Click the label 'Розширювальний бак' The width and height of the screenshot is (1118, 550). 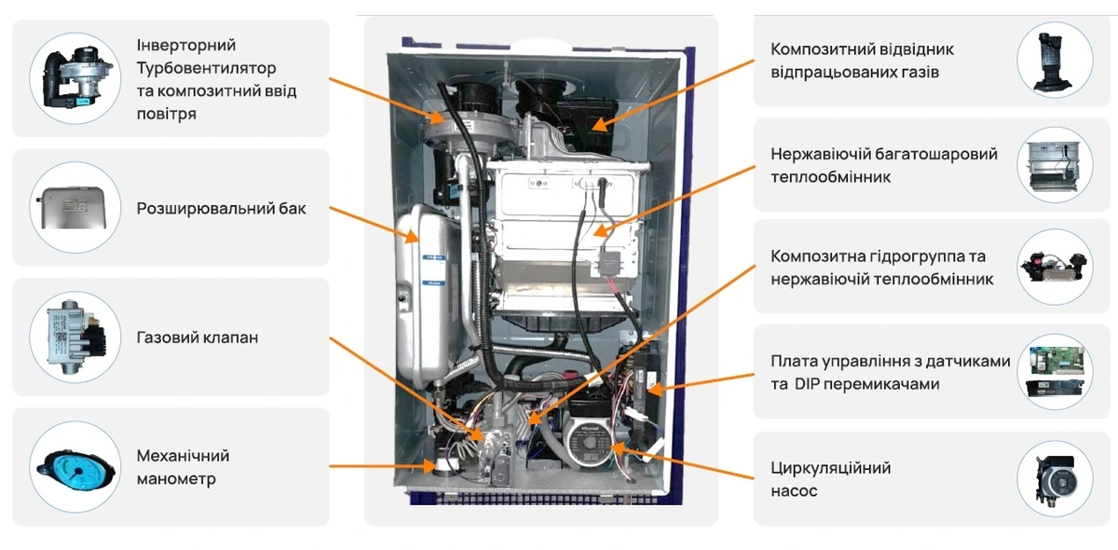tap(221, 208)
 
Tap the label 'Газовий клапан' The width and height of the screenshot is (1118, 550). tap(198, 337)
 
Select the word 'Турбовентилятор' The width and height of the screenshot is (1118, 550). tap(206, 68)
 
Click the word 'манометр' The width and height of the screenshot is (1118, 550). tap(176, 478)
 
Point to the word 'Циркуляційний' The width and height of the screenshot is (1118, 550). tap(830, 468)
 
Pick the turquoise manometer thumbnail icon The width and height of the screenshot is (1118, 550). tap(75, 467)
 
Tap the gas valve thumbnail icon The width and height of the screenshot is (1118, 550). tap(75, 337)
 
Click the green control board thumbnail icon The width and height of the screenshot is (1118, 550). tap(1055, 372)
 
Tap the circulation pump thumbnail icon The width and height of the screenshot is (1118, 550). tap(1055, 479)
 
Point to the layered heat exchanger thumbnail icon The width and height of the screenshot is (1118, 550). tap(1054, 166)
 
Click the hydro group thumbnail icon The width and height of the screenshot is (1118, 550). tap(1054, 268)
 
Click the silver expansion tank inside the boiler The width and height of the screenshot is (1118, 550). tap(423, 295)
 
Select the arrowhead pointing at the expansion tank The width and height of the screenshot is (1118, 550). tap(411, 236)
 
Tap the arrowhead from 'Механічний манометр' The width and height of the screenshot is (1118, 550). tap(429, 466)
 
